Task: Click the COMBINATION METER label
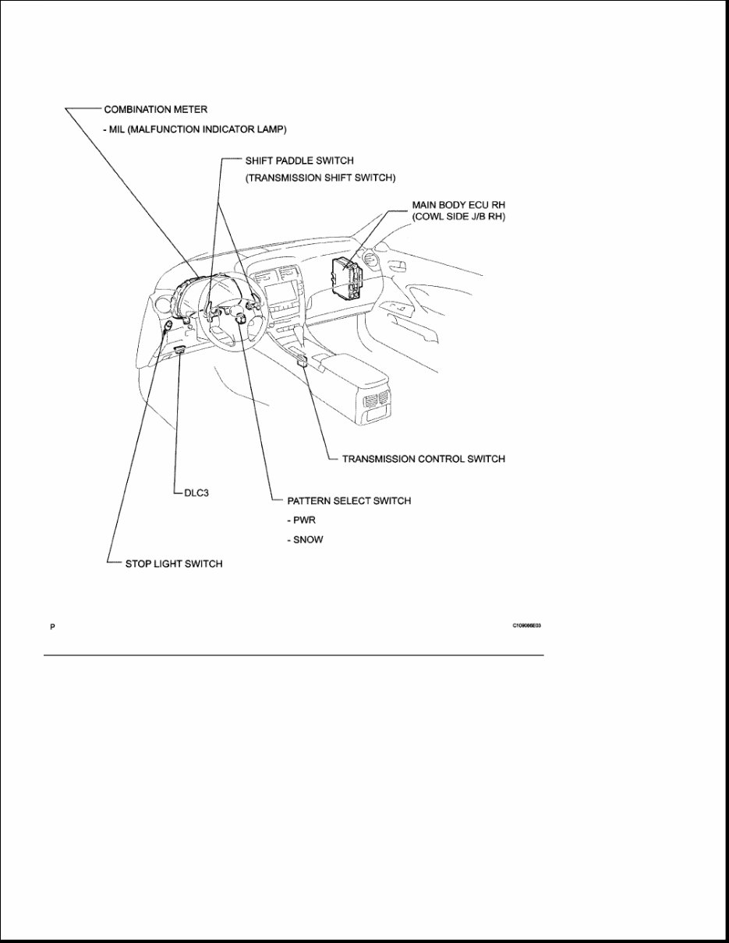[x=156, y=110]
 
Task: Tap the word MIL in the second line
[x=123, y=129]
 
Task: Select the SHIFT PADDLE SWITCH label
[x=299, y=161]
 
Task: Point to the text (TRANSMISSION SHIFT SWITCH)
[x=320, y=178]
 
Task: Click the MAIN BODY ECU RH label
[x=458, y=204]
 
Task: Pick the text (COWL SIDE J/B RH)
[x=458, y=217]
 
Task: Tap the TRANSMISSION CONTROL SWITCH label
[x=423, y=459]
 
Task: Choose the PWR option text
[x=304, y=520]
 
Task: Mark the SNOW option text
[x=307, y=539]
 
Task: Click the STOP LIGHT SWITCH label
[x=173, y=563]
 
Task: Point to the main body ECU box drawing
[x=346, y=279]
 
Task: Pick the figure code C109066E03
[x=526, y=626]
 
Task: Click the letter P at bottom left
[x=53, y=627]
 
